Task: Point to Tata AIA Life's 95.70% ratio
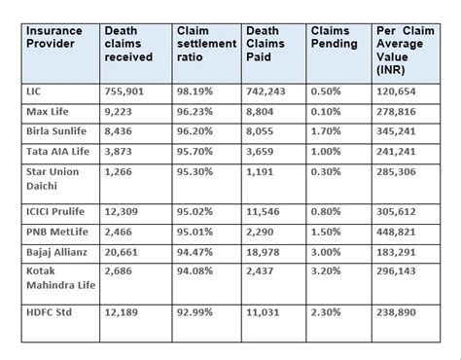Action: (x=197, y=155)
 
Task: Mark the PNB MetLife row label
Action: (x=57, y=234)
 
